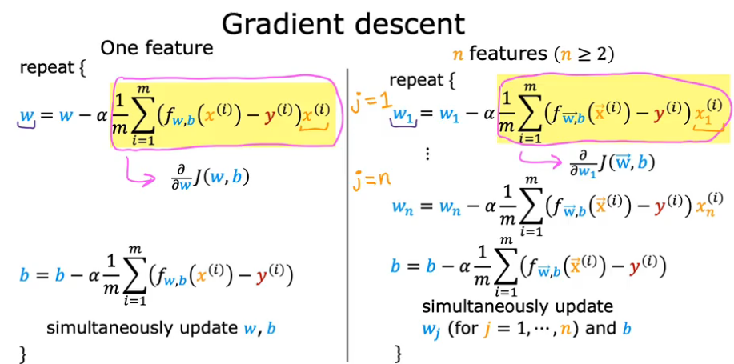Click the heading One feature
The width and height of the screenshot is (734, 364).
[x=157, y=48]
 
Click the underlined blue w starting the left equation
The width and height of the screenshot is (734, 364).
[x=27, y=118]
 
